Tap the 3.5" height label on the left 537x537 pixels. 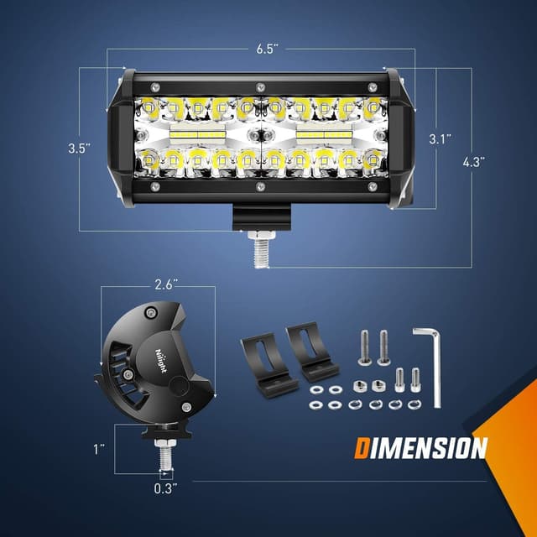click(x=81, y=148)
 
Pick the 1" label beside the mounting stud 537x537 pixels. click(x=100, y=450)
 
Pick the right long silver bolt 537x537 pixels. click(x=384, y=347)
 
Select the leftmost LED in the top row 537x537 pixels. click(x=149, y=107)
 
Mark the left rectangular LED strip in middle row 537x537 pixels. click(x=197, y=133)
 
